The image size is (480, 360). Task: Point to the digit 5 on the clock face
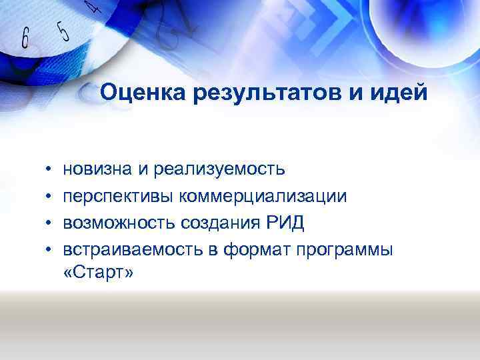pyautogui.click(x=63, y=31)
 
